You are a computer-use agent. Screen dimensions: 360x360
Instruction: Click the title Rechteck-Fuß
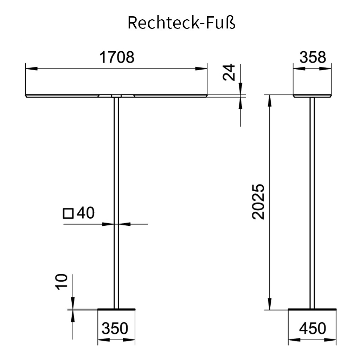181,23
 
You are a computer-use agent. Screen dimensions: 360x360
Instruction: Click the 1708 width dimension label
117,57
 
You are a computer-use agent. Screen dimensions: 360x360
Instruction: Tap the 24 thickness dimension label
229,72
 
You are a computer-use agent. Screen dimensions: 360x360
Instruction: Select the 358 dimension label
313,57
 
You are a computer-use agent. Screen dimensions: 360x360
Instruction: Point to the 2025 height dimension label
258,202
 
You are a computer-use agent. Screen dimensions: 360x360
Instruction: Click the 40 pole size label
85,213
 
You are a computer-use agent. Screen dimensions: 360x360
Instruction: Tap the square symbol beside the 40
68,213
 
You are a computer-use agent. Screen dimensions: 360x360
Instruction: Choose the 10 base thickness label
62,282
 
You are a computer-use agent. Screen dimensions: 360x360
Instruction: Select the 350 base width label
115,328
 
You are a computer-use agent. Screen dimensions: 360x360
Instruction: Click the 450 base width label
313,328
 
